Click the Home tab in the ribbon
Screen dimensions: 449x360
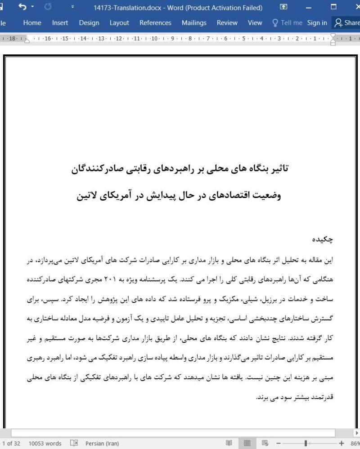[32, 22]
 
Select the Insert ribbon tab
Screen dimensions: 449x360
[60, 22]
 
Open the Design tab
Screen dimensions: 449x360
[89, 22]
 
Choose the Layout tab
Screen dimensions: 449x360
[119, 22]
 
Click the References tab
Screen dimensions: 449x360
[155, 22]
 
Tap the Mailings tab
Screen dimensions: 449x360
[194, 22]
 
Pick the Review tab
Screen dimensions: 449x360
[227, 22]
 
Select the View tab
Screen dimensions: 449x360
[255, 22]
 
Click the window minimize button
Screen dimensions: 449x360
[308, 7]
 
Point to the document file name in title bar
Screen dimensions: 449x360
[178, 8]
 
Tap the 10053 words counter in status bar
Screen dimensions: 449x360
[45, 443]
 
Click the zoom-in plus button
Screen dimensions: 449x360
[341, 443]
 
